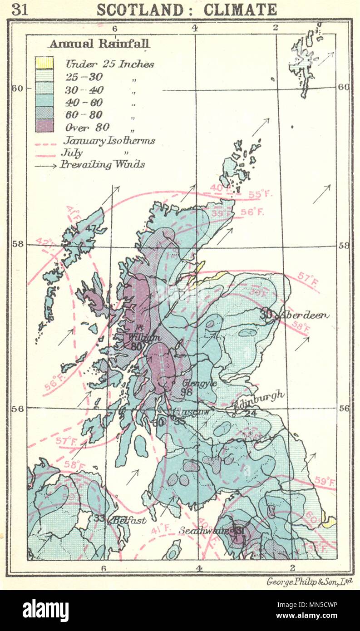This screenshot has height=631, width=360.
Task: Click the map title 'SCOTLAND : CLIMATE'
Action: pos(187,9)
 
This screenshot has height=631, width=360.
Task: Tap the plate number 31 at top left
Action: pos(20,10)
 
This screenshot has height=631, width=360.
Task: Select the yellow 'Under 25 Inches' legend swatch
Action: pos(44,63)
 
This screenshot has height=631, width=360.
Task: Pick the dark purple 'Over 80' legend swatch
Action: pos(44,125)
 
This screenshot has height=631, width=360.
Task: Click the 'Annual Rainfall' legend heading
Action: pos(99,44)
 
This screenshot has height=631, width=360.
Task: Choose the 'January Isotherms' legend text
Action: pos(109,140)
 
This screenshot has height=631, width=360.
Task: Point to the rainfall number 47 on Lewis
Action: pos(91,228)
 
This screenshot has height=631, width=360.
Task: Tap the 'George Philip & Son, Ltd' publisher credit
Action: pos(310,581)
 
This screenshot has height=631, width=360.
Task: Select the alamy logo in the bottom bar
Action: pos(45,610)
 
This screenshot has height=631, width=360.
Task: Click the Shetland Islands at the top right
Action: pos(304,59)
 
